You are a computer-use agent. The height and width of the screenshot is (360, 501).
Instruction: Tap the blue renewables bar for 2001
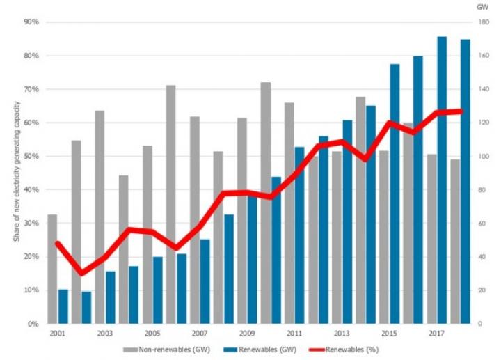point(63,306)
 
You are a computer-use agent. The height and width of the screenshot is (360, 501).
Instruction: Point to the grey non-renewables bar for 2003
point(100,217)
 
